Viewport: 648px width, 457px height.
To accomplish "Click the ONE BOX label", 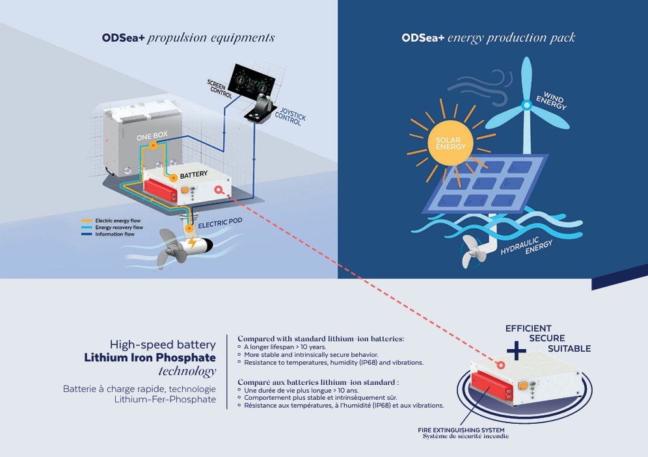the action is tap(152, 136).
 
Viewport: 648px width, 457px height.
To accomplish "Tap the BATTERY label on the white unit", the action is tap(194, 175).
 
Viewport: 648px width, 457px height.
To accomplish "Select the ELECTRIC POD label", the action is tap(220, 223).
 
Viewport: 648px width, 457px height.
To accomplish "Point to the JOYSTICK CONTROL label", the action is tap(291, 116).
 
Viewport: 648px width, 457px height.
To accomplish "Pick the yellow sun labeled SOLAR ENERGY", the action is tap(450, 143).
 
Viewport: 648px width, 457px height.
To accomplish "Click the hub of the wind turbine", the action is tap(526, 105).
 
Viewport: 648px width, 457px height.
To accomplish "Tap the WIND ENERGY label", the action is tap(552, 101).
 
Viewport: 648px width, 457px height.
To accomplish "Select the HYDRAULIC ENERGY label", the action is tap(526, 246).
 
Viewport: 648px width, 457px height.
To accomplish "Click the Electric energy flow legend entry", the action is tap(111, 221).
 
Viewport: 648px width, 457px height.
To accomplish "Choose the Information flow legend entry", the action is tap(108, 234).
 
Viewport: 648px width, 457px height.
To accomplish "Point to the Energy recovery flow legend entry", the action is tap(113, 228).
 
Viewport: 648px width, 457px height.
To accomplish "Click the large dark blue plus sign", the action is tap(517, 350).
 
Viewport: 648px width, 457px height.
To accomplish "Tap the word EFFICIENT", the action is tap(528, 328).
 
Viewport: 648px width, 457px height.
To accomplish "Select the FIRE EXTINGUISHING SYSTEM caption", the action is tap(461, 430).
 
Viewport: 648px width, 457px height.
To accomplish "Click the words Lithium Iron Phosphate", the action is tap(150, 358).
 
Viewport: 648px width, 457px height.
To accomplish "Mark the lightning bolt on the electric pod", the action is tap(192, 242).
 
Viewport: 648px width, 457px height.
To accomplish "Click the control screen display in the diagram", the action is tap(252, 81).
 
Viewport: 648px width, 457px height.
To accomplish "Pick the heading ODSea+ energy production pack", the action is tap(488, 38).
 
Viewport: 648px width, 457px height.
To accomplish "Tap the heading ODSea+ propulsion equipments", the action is tap(188, 38).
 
